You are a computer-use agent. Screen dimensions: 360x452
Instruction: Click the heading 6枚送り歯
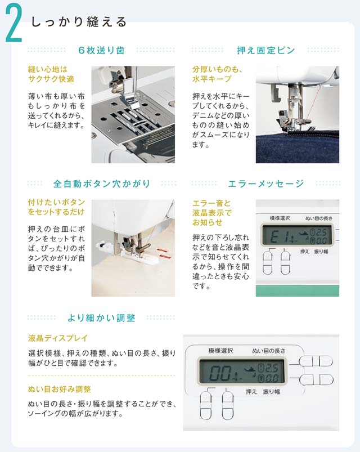101,51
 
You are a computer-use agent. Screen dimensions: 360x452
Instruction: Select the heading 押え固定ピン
266,51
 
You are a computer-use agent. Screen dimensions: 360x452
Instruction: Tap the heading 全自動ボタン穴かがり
102,184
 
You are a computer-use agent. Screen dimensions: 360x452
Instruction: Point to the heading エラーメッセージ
266,184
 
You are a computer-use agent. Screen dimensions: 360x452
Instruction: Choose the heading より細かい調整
101,318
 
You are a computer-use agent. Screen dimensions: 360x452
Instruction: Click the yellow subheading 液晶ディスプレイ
58,338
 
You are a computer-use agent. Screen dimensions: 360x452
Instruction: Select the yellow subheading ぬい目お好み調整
59,389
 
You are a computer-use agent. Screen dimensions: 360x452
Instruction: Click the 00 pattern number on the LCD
220,373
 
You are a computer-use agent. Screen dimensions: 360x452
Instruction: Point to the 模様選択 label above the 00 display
220,351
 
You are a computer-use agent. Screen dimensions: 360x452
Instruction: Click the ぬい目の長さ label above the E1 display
318,218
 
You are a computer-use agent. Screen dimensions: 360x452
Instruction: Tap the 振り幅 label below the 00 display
271,392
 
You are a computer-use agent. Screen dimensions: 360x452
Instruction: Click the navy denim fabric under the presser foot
297,149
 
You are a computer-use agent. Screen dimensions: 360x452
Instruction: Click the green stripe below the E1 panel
297,290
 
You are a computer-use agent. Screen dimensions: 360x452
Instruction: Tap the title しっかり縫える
79,22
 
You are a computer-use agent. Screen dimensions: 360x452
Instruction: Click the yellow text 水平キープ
211,79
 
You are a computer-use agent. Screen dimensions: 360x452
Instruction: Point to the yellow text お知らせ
208,222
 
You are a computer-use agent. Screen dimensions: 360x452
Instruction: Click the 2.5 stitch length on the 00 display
271,368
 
